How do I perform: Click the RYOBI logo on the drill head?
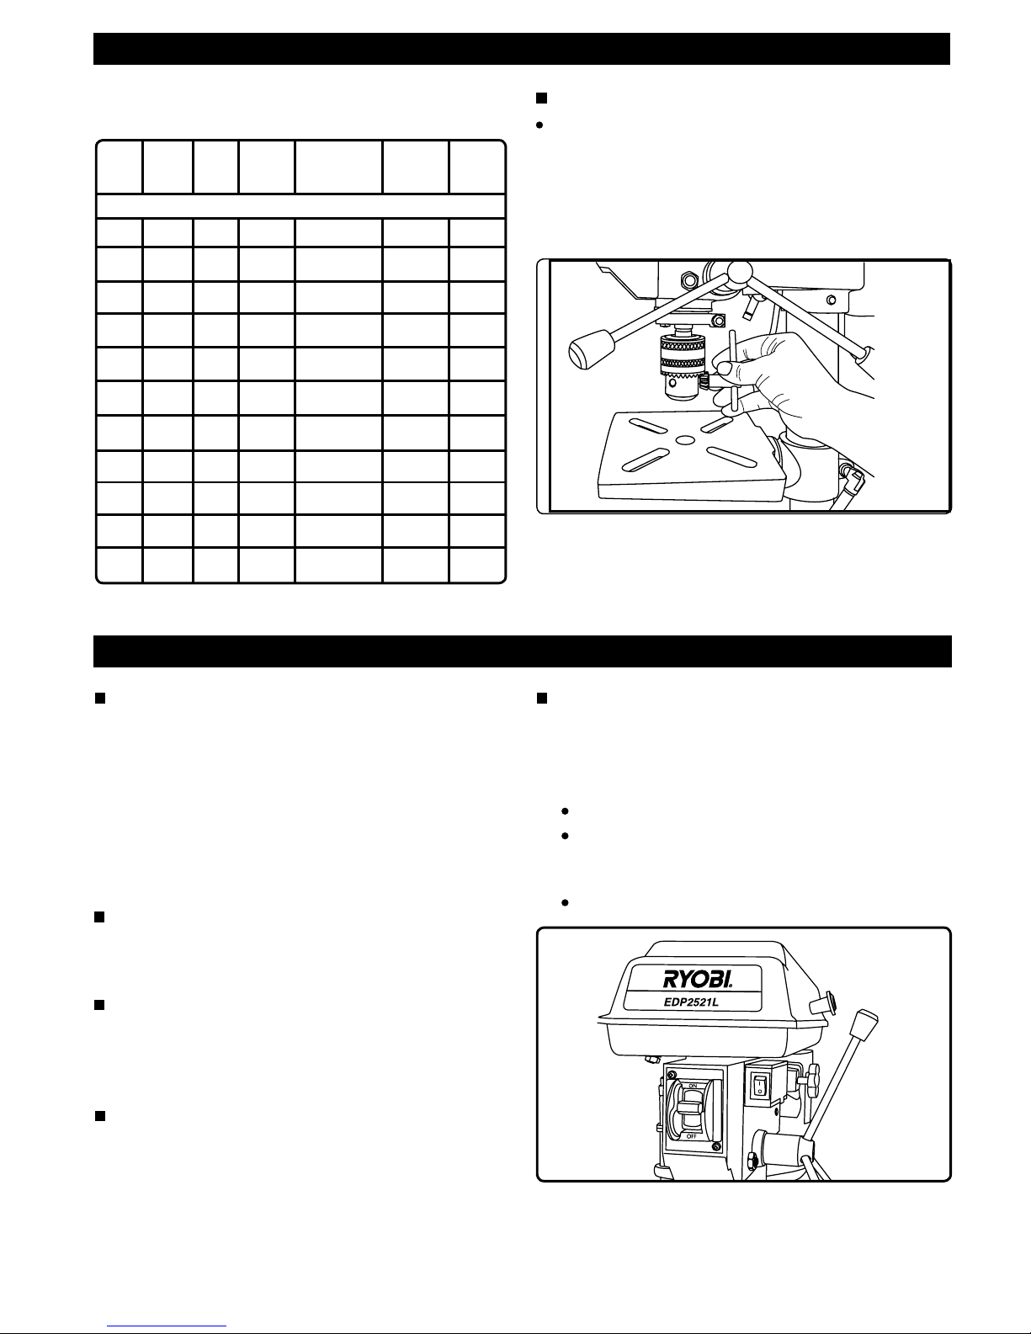pyautogui.click(x=698, y=979)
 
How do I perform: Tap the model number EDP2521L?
pyautogui.click(x=691, y=1002)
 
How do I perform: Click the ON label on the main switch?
pyautogui.click(x=693, y=1086)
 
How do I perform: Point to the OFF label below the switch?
pyautogui.click(x=692, y=1136)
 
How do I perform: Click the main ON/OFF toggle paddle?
pyautogui.click(x=690, y=1111)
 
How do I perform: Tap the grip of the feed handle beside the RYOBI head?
pyautogui.click(x=864, y=1024)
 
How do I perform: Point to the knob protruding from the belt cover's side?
pyautogui.click(x=823, y=1002)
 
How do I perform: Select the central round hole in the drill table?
pyautogui.click(x=685, y=440)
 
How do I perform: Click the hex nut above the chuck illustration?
pyautogui.click(x=689, y=280)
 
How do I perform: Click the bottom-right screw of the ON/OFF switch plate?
pyautogui.click(x=715, y=1147)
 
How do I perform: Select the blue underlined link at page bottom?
pyautogui.click(x=167, y=1326)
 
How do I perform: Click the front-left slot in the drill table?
pyautogui.click(x=645, y=460)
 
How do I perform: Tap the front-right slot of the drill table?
pyautogui.click(x=731, y=457)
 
